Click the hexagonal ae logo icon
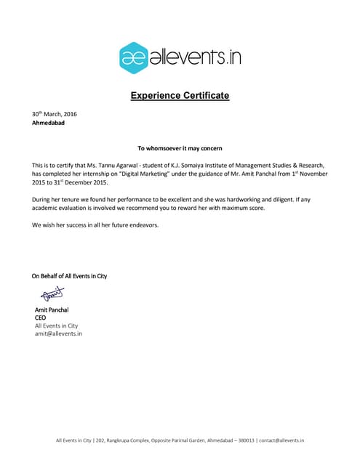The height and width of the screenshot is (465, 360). click(x=133, y=57)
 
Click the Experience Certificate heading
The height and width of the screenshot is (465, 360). click(x=180, y=95)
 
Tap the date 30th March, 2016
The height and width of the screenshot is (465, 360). click(x=54, y=114)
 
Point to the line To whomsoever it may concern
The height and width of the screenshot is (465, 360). click(x=180, y=147)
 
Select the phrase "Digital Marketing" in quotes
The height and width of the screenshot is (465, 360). click(x=146, y=175)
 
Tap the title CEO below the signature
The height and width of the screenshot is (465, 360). click(x=40, y=318)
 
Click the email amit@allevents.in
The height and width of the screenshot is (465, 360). click(x=58, y=333)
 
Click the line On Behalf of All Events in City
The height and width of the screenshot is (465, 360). click(x=69, y=276)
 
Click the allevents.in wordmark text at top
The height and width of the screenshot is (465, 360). click(x=195, y=57)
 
